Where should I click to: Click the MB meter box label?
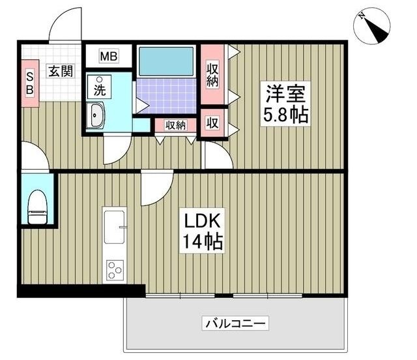click(109, 56)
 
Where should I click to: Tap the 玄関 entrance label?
click(61, 71)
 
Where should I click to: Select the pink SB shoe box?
click(30, 83)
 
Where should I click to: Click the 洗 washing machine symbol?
click(100, 87)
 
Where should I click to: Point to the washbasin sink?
click(96, 115)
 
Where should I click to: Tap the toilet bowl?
click(38, 207)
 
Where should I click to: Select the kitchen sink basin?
click(115, 227)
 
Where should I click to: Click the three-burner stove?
click(115, 270)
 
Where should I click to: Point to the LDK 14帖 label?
click(202, 231)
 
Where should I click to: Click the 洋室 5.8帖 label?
click(285, 104)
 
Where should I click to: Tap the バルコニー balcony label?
click(235, 323)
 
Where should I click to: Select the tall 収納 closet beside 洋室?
click(212, 74)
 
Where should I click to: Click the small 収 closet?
click(212, 123)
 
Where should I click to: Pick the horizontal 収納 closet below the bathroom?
click(175, 125)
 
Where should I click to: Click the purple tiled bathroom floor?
click(167, 96)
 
